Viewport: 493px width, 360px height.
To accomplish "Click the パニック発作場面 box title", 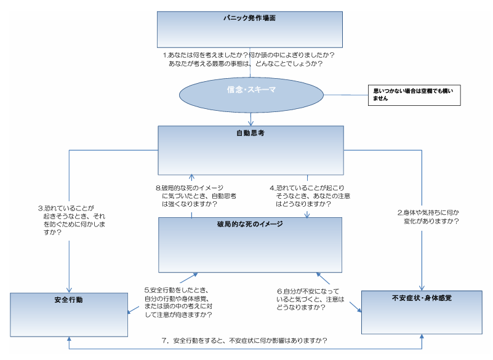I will point(249,18).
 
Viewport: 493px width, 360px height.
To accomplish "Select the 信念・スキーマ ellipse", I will point(251,90).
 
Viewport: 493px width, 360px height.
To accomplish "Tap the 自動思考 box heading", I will point(251,133).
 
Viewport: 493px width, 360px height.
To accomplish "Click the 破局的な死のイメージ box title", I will point(249,224).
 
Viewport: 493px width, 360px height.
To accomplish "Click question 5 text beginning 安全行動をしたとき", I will point(178,302).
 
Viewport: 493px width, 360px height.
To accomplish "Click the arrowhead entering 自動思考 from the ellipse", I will point(251,122).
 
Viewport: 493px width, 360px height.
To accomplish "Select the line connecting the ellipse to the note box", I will point(345,95).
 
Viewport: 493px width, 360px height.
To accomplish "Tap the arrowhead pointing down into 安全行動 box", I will point(69,289).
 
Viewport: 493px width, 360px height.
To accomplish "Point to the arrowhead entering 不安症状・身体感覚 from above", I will point(422,287).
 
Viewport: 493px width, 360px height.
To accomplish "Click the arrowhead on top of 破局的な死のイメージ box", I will point(308,214).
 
